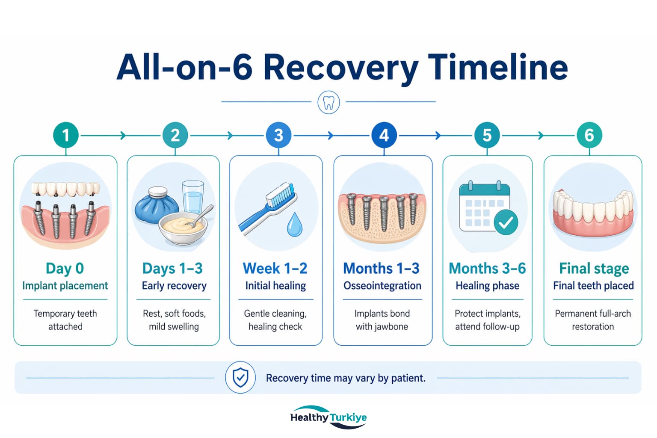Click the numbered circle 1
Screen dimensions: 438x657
(x=65, y=135)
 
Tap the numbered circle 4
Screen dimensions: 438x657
(x=384, y=135)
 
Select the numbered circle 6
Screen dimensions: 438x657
(x=589, y=135)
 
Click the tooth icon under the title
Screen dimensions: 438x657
(x=328, y=103)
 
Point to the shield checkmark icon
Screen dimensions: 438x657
(x=240, y=377)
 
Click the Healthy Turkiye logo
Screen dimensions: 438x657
(x=328, y=417)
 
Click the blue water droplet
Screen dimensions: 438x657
(x=294, y=225)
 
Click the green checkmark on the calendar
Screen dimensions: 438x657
(x=506, y=222)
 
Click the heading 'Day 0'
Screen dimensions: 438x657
(x=65, y=268)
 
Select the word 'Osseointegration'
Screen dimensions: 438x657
(x=382, y=286)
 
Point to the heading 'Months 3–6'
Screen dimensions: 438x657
(x=487, y=268)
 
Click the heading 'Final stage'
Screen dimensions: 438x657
(x=594, y=268)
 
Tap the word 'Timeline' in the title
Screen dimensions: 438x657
(x=498, y=67)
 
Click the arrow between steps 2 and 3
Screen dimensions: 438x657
(x=231, y=136)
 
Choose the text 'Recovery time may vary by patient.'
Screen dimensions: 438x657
(x=346, y=378)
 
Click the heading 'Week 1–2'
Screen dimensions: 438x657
(x=275, y=268)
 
